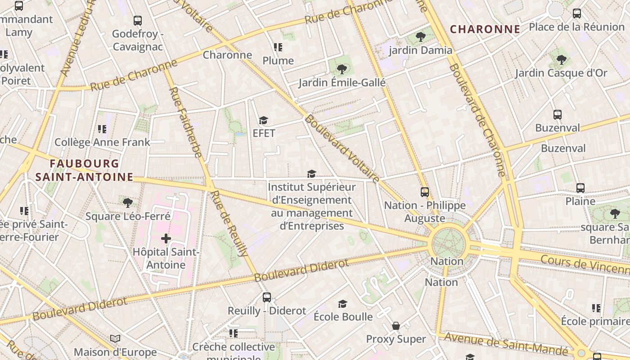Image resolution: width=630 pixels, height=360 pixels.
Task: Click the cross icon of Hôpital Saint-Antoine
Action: pyautogui.click(x=166, y=238)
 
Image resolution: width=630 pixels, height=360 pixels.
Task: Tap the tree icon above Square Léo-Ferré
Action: pyautogui.click(x=128, y=203)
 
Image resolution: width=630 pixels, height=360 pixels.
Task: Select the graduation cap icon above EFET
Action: pyautogui.click(x=263, y=121)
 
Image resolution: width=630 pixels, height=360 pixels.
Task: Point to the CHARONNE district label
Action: pyautogui.click(x=485, y=30)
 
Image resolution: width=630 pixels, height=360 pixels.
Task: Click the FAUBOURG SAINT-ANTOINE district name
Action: pyautogui.click(x=84, y=171)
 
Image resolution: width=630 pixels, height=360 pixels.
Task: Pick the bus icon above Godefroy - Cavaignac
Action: pyautogui.click(x=138, y=21)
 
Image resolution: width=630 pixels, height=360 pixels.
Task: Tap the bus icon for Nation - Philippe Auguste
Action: pyautogui.click(x=425, y=192)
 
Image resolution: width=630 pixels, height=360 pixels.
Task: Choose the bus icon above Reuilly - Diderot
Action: pyautogui.click(x=267, y=297)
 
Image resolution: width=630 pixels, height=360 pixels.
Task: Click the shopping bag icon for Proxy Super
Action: pyautogui.click(x=396, y=326)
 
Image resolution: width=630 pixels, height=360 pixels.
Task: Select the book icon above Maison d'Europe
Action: pyautogui.click(x=115, y=338)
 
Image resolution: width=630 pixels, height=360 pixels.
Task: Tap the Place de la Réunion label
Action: pyautogui.click(x=577, y=27)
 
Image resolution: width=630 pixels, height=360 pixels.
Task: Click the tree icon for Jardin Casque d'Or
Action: pyautogui.click(x=561, y=59)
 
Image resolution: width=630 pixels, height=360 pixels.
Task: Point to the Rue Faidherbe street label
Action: pyautogui.click(x=185, y=122)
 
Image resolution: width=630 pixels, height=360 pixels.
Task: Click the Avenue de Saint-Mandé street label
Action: pyautogui.click(x=506, y=343)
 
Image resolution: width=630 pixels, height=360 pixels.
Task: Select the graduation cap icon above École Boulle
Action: pyautogui.click(x=343, y=304)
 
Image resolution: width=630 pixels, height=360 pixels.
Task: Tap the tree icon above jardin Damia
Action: pyautogui.click(x=421, y=37)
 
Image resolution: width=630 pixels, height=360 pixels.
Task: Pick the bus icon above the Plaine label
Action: pyautogui.click(x=580, y=188)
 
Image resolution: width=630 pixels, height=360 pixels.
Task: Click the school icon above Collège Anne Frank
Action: pyautogui.click(x=102, y=129)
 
